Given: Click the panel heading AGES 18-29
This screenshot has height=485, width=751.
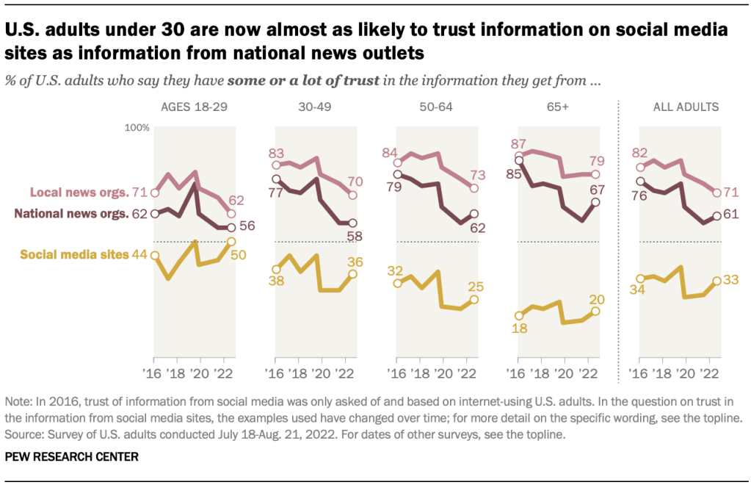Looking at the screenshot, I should [194, 107].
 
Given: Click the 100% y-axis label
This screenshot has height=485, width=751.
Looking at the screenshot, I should [137, 128].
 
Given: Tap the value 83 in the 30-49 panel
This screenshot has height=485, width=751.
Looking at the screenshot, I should [276, 154].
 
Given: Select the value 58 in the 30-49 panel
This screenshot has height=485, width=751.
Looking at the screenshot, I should [353, 236].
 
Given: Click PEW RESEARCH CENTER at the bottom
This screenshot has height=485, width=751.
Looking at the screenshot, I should [71, 456].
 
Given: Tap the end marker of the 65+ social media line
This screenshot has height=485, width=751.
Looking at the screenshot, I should [595, 311].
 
